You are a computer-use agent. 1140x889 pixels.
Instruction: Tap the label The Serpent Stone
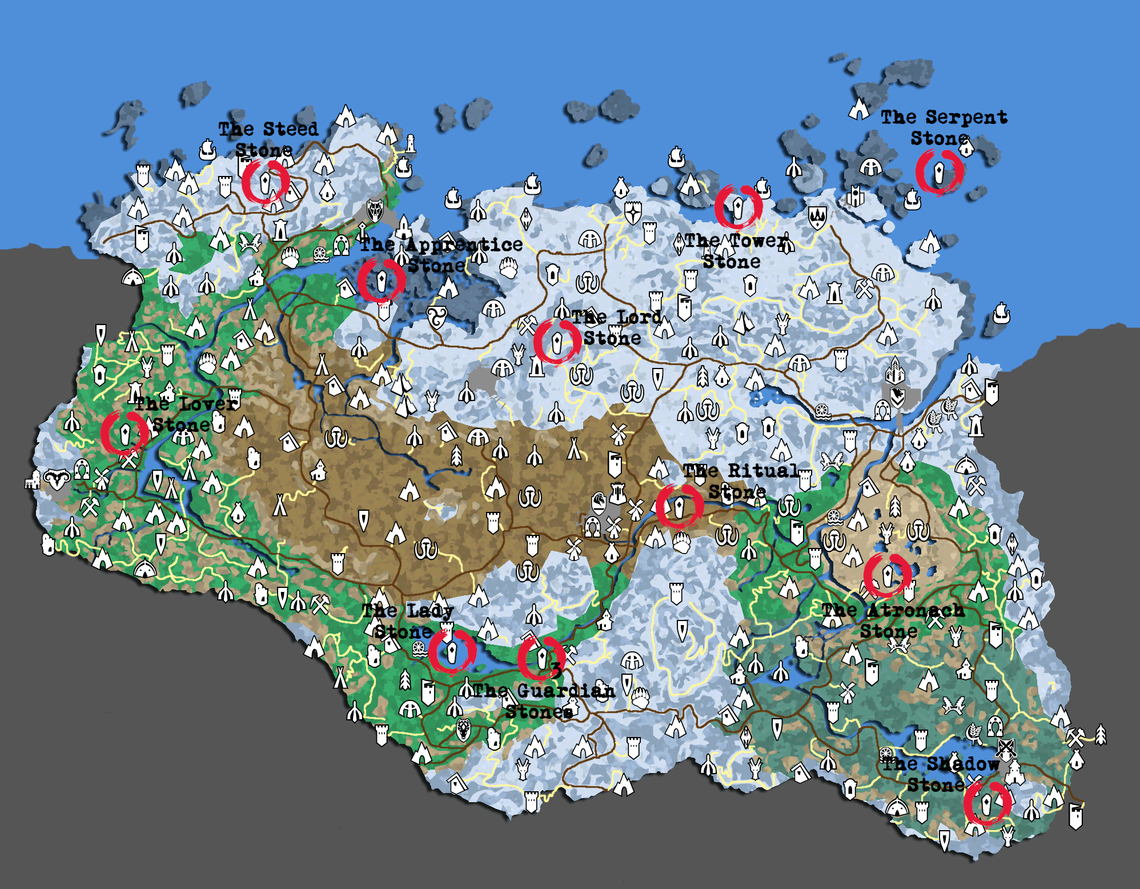(943, 127)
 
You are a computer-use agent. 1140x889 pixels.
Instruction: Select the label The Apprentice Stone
(441, 255)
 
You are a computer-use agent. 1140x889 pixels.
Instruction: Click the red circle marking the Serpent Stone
(940, 171)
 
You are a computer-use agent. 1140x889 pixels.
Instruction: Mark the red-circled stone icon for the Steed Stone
(266, 182)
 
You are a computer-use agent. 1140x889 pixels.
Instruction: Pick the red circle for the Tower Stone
(738, 207)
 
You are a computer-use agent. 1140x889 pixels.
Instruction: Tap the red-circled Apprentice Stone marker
(382, 280)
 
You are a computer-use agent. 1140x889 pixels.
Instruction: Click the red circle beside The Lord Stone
(557, 342)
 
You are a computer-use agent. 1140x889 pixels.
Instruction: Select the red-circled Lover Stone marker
(125, 433)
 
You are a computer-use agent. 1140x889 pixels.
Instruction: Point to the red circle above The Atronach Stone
(888, 574)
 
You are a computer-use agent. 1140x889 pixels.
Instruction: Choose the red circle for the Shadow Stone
(987, 803)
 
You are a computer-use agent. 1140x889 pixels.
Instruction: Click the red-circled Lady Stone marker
(452, 651)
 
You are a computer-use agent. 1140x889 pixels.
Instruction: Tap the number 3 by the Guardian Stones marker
(556, 670)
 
